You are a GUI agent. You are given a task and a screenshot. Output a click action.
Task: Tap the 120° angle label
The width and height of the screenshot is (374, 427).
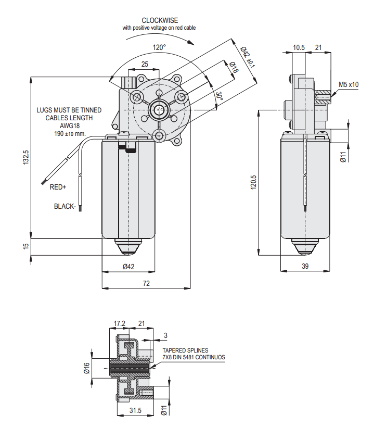coord(159,47)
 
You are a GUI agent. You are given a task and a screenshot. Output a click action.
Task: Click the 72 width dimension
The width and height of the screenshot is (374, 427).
coord(146,283)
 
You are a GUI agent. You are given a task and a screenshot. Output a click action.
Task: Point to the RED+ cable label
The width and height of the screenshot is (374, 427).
coord(58,187)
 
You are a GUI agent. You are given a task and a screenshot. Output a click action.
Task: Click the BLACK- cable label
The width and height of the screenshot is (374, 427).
coord(65,206)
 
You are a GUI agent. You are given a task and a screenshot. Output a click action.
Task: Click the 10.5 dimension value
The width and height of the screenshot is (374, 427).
coord(299,47)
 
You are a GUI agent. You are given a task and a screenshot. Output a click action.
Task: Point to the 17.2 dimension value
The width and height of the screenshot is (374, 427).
coord(120,323)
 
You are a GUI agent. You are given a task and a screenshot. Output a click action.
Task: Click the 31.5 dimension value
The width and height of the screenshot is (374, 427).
coord(135,410)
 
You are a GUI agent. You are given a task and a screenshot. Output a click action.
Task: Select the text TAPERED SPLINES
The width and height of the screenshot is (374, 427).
coord(186,350)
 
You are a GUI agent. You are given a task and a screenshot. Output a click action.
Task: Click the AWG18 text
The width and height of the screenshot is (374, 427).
coord(69,125)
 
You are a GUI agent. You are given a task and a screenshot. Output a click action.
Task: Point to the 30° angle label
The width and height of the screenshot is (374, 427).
coord(220,96)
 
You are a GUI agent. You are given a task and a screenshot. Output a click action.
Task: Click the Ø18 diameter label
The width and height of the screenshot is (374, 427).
coord(234,67)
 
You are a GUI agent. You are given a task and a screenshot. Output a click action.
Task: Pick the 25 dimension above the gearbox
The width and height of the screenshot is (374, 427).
coord(145,64)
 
